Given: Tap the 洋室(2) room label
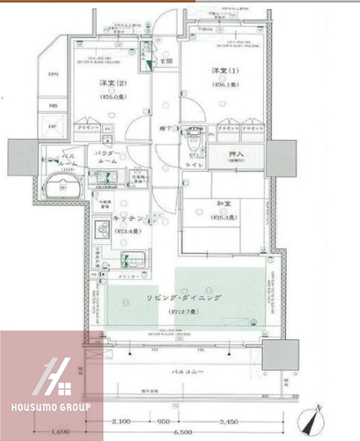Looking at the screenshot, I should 113,84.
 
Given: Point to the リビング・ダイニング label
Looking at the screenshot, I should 184,298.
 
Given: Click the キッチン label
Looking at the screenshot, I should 128,219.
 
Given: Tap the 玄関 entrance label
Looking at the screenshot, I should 165,62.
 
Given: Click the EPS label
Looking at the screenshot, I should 55,75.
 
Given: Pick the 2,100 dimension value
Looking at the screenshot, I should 121,422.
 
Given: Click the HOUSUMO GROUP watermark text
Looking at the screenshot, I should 50,407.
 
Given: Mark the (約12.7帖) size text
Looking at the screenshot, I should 184,312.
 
